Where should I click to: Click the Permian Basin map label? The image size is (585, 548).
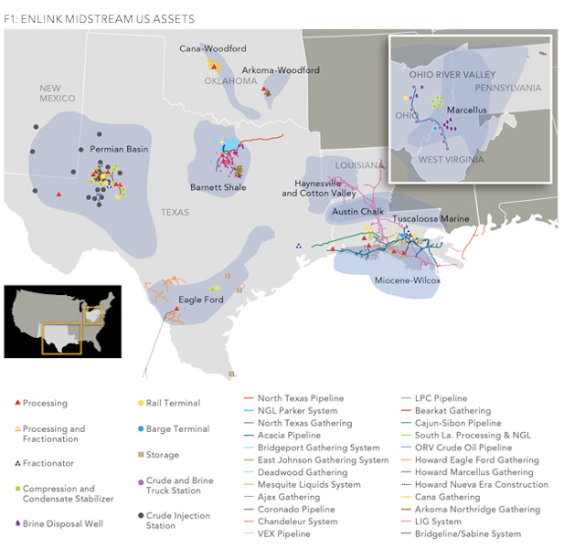pyautogui.click(x=119, y=149)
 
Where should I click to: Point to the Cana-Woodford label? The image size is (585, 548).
pyautogui.click(x=212, y=48)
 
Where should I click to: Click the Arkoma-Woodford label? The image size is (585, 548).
pyautogui.click(x=281, y=70)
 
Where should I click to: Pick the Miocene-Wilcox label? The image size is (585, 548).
pyautogui.click(x=408, y=280)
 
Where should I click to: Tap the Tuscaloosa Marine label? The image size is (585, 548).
pyautogui.click(x=431, y=219)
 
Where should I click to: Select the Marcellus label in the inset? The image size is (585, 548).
pyautogui.click(x=467, y=110)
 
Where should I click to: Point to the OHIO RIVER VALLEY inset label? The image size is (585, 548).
pyautogui.click(x=452, y=74)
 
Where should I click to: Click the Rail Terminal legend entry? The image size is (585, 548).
pyautogui.click(x=173, y=403)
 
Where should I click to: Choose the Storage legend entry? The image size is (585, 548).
pyautogui.click(x=163, y=455)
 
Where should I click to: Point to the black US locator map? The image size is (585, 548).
pyautogui.click(x=63, y=320)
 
